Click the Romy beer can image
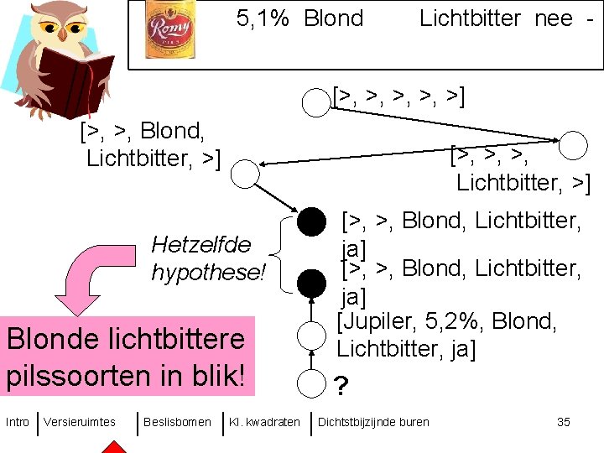coord(170,29)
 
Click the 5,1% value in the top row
coord(263,18)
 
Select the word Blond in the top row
coord(333,18)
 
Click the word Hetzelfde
coord(200,245)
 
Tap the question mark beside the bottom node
coord(341,387)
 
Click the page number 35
coord(564,422)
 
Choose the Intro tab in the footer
coord(17,422)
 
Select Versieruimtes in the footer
coord(80,422)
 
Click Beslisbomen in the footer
coord(177,422)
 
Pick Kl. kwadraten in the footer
coord(264,422)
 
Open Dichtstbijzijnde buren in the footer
coord(373,422)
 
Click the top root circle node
coord(315,103)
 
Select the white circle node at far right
coord(574,145)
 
